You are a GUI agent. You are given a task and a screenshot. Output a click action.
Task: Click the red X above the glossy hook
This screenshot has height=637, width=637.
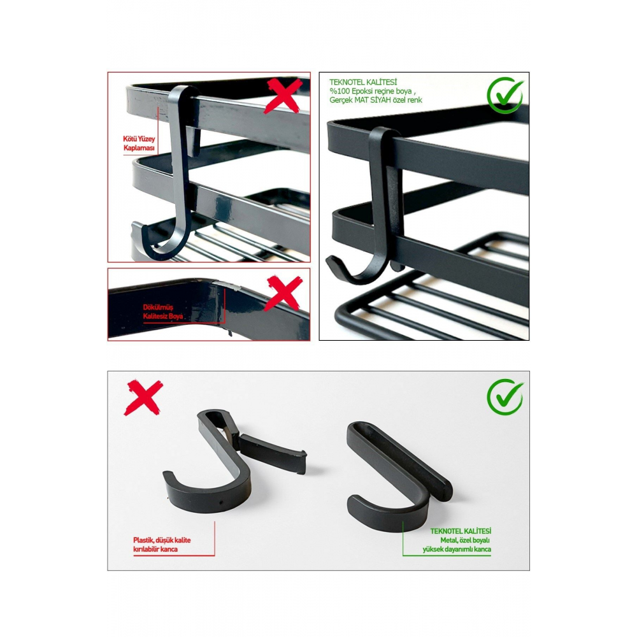point(283,96)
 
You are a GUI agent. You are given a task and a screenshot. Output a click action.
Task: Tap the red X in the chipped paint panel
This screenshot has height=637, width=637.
point(283,293)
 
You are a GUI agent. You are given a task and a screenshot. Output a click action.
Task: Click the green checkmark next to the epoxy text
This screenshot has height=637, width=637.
point(505,96)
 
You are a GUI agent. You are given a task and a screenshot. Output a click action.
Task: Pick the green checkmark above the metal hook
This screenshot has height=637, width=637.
point(505,397)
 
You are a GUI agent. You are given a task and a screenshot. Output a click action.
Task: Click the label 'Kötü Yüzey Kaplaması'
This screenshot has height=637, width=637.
point(139,143)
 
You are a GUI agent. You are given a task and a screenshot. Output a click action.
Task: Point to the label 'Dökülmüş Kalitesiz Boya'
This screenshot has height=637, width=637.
point(163,311)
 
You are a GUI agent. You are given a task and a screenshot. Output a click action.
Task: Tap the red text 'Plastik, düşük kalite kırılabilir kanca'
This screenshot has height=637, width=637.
point(162,545)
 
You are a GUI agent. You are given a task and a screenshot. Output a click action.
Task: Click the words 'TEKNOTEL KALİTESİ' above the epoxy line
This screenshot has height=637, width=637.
point(363,82)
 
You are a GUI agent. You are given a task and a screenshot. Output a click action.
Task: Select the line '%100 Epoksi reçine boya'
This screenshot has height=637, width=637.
point(371,91)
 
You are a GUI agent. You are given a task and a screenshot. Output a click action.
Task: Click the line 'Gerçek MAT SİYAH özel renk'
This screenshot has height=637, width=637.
point(376,100)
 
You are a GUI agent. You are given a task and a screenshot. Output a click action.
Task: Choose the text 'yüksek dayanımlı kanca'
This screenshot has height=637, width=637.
point(457,549)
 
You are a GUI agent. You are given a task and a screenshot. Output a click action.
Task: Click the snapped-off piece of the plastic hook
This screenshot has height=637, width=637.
point(272,454)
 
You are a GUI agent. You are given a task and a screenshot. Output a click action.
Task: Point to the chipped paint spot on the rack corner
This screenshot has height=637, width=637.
point(228,285)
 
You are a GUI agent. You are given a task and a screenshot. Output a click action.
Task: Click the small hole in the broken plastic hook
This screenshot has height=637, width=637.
point(221,503)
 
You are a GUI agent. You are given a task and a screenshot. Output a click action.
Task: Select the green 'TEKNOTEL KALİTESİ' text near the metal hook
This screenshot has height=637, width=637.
point(461,531)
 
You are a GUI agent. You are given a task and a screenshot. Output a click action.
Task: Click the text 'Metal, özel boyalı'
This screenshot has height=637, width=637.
point(465,540)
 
